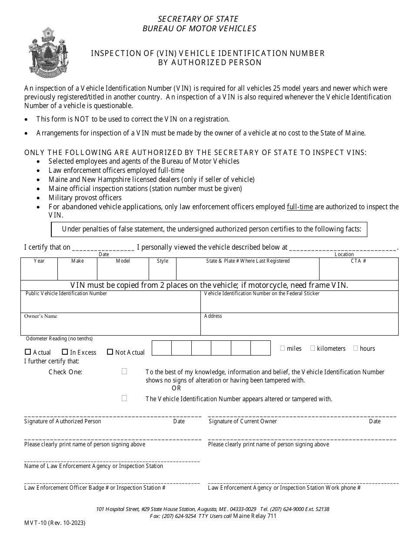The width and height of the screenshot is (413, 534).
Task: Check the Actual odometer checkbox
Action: point(28,352)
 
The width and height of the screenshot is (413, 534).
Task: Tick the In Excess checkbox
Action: point(65,352)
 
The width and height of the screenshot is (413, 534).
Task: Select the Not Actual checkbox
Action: point(110,352)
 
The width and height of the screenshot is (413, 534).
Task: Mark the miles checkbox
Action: point(283,348)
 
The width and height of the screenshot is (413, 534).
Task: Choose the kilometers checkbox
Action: point(313,348)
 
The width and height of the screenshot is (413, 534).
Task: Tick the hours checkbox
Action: point(356,348)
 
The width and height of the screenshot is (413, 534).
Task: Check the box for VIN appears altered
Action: point(124,398)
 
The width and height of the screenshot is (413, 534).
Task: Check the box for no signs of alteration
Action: point(124,371)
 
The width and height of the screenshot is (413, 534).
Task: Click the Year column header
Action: point(39,261)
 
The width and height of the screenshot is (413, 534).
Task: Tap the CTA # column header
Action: point(358,261)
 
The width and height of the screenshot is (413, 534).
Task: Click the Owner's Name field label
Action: point(40,316)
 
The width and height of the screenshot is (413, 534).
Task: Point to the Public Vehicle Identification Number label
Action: point(66,293)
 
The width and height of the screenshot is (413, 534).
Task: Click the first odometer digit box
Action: point(161,348)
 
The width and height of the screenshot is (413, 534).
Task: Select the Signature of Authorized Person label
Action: point(63,421)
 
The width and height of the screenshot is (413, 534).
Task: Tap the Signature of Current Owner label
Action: point(243,421)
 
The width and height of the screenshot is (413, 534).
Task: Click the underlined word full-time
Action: point(300,207)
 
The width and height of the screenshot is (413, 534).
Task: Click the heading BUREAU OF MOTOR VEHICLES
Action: point(199,29)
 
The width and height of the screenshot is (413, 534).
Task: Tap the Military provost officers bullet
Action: point(85,198)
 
